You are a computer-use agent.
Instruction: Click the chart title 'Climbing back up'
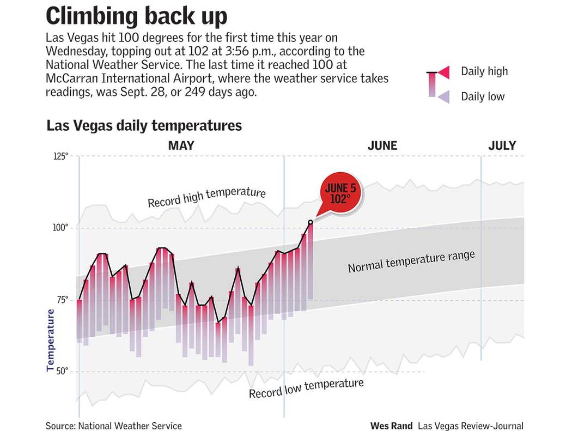click(x=136, y=16)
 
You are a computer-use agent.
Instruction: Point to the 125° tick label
click(x=60, y=156)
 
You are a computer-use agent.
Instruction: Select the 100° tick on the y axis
click(x=60, y=228)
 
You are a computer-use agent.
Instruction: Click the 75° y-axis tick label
click(x=62, y=300)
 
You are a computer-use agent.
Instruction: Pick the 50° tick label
click(x=62, y=372)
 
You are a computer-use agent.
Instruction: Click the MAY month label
click(x=181, y=145)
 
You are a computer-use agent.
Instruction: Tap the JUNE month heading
click(x=382, y=145)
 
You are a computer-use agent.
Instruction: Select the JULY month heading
click(x=502, y=145)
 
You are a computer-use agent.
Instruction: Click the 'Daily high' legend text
click(x=484, y=71)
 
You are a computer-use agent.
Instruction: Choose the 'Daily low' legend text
click(x=483, y=97)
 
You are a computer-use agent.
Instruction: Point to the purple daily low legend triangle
click(x=444, y=96)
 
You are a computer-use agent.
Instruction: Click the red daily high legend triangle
click(x=444, y=72)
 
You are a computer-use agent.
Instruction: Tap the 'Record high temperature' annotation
click(x=206, y=198)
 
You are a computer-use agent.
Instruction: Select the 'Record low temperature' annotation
click(x=306, y=388)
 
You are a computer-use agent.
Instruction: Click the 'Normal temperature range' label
click(x=411, y=262)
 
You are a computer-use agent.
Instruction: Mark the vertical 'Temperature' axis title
click(x=51, y=341)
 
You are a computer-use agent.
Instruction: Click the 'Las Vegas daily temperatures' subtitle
click(x=144, y=125)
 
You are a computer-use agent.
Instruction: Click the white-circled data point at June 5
click(x=311, y=222)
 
